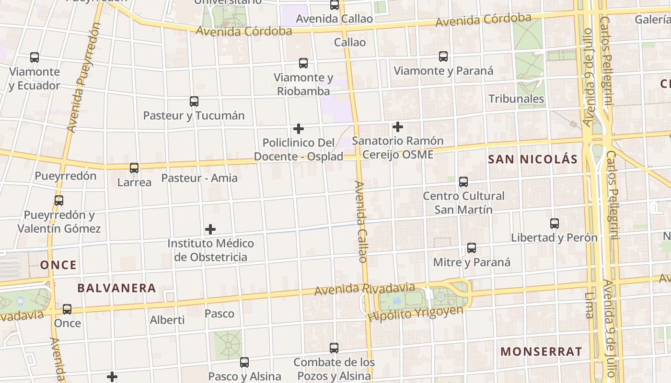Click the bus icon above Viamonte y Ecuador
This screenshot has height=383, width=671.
tap(35, 57)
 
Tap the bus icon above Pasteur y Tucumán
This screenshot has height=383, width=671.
tap(194, 101)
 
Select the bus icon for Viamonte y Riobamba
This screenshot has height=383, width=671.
tap(303, 63)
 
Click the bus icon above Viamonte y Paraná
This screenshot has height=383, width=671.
tap(443, 56)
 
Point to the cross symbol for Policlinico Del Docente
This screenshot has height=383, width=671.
tap(299, 129)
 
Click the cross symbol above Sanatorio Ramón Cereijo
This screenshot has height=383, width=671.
tap(398, 127)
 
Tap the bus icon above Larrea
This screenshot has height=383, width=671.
tap(134, 168)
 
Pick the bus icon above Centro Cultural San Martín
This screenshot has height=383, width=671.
tap(463, 182)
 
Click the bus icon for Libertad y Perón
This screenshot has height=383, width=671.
tap(555, 224)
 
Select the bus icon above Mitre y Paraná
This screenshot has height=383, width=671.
tap(472, 248)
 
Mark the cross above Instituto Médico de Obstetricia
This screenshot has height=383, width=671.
tap(210, 229)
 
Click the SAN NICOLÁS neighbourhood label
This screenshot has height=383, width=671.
tap(532, 159)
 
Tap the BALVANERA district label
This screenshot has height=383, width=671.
tap(116, 288)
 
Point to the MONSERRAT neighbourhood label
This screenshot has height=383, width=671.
tap(541, 351)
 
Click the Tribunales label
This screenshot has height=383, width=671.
tap(516, 99)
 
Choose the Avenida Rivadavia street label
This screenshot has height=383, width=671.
tap(365, 289)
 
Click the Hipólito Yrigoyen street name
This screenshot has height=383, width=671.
tap(416, 313)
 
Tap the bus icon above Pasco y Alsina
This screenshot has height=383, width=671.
tap(244, 362)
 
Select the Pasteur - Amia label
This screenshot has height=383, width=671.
tap(199, 178)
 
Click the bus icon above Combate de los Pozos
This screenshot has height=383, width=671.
tap(334, 348)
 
